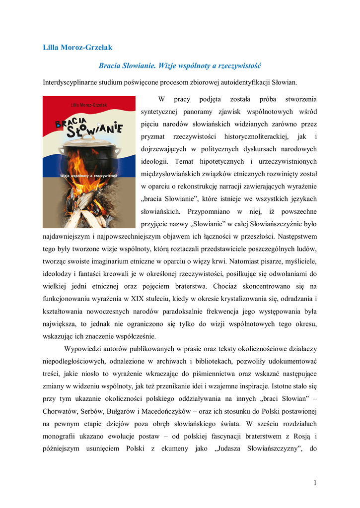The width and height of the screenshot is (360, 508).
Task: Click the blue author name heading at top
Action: pos(77,48)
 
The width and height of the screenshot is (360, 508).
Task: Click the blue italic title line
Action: pos(180,65)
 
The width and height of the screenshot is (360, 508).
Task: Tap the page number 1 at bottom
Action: pos(315,483)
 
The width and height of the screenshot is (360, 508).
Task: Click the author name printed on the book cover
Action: pos(89,105)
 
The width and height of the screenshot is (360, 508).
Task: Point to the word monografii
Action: pos(62,438)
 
